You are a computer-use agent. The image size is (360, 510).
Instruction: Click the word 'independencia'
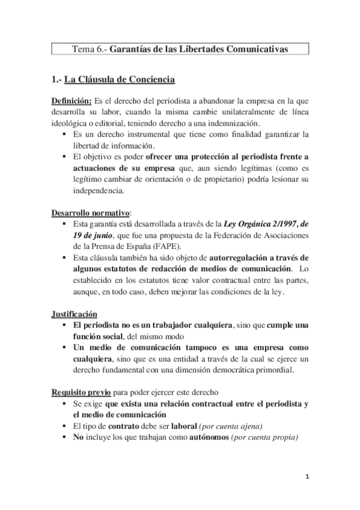click(98, 191)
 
